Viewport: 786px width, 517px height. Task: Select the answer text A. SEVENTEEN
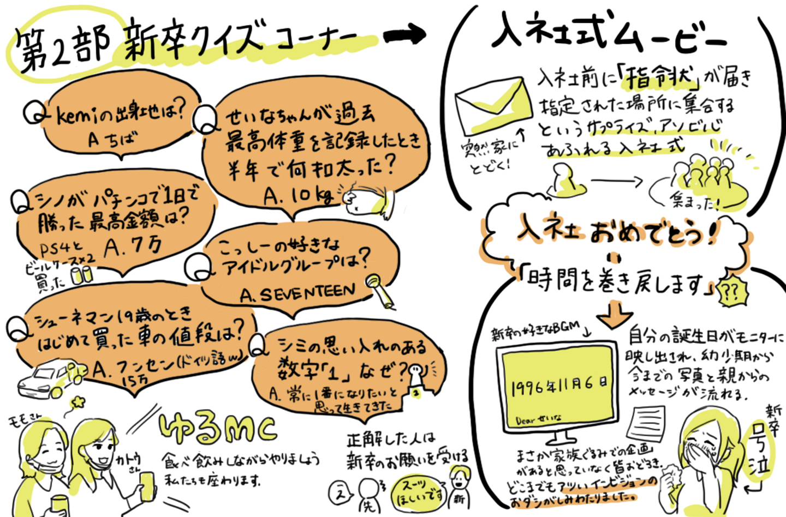(298, 294)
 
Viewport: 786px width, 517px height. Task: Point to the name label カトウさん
(130, 462)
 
